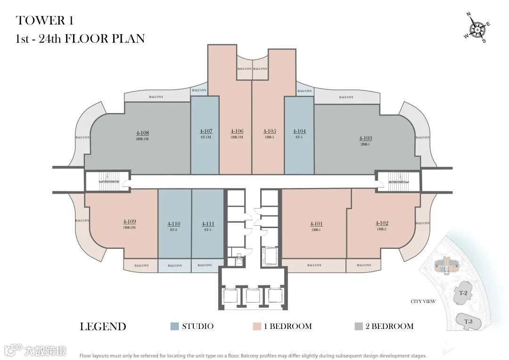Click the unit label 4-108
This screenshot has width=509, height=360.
[142, 133]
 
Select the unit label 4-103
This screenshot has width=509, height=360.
[365, 138]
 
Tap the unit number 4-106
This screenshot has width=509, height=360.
[237, 131]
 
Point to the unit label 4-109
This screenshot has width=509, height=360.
[130, 221]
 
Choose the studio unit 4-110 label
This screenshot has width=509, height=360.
[174, 224]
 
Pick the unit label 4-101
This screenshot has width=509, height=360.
[316, 224]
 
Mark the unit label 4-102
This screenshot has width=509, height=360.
[381, 223]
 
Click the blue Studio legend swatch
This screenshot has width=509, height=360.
[174, 326]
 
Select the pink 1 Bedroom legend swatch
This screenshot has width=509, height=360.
[257, 326]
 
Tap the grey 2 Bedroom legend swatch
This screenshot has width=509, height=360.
[358, 326]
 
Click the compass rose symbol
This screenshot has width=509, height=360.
[478, 29]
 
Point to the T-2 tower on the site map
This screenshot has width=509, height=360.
[463, 293]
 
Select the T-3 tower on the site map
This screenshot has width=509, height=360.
[468, 321]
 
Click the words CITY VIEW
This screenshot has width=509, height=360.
[423, 302]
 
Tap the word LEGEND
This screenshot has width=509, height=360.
[103, 327]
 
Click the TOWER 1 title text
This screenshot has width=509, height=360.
[45, 20]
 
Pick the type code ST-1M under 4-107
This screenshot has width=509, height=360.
[205, 137]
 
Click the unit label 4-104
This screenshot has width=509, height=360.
[299, 131]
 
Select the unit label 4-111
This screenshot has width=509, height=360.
[208, 224]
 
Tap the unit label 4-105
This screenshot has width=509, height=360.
[269, 131]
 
